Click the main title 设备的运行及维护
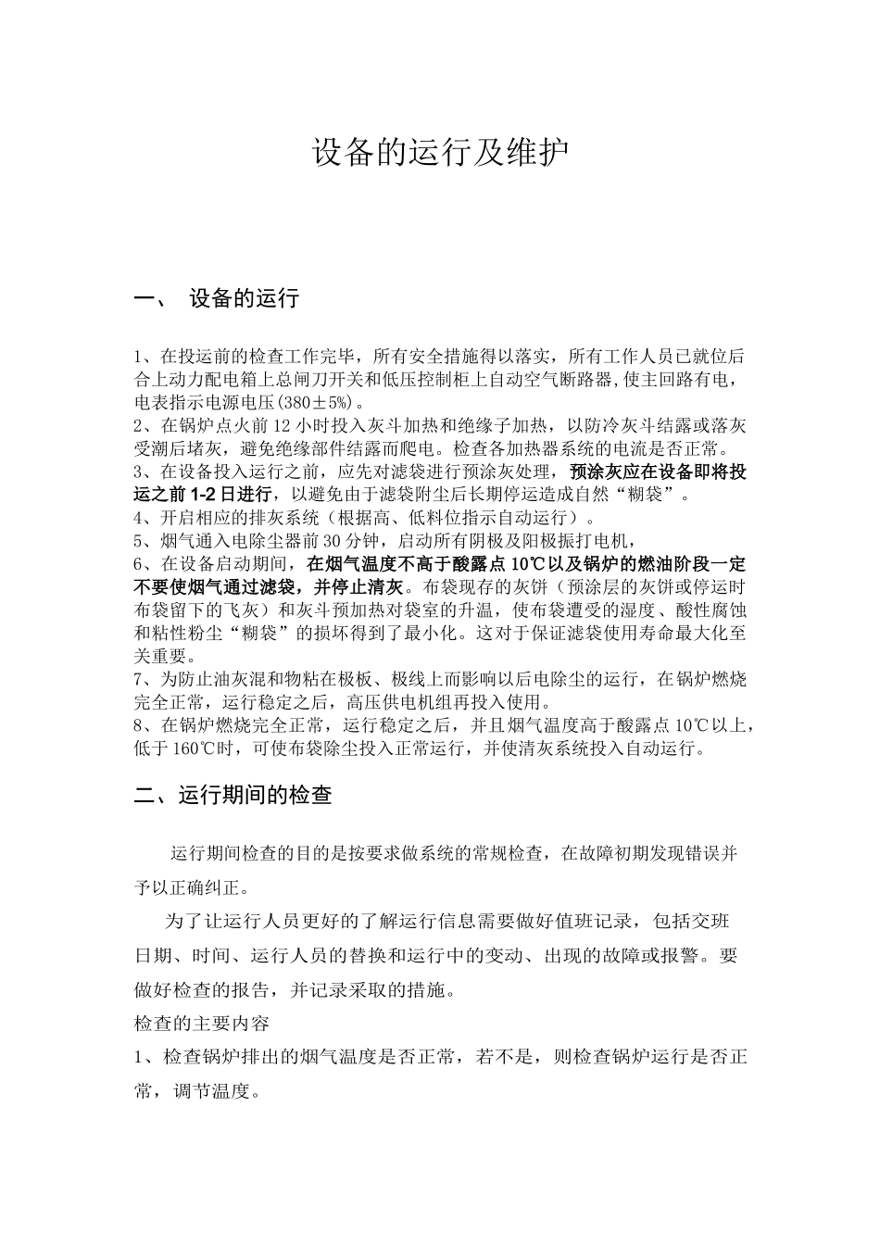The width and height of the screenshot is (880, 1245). click(x=439, y=154)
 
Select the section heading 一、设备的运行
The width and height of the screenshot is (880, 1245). click(x=217, y=298)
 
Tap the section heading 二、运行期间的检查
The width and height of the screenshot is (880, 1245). click(x=233, y=795)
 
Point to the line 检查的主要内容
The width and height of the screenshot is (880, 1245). click(x=202, y=1024)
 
